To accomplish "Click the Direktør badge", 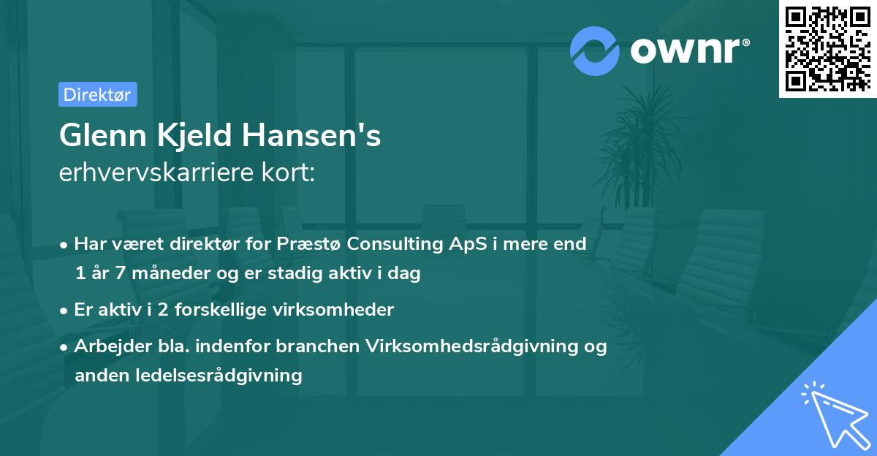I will pos(97,94).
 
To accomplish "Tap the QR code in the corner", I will pos(828,48).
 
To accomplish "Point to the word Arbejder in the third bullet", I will pos(106,346).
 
